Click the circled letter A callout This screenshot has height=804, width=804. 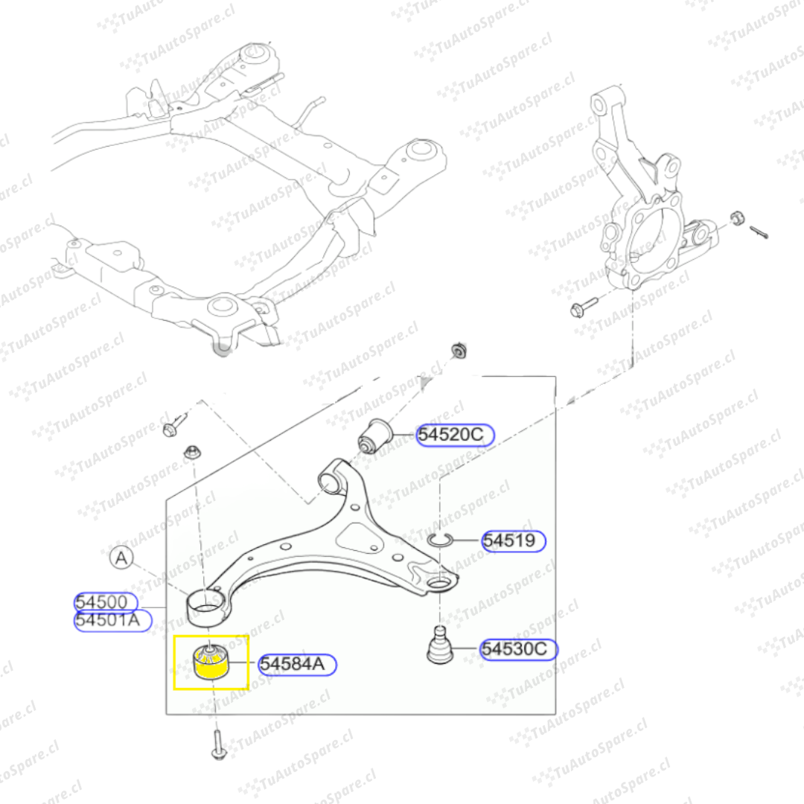[x=121, y=558]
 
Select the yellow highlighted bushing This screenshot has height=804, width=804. [x=211, y=662]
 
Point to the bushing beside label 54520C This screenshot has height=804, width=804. [x=374, y=435]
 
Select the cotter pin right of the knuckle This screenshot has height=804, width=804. [x=759, y=232]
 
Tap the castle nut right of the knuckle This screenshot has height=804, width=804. [x=737, y=217]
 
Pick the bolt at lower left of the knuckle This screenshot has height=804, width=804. [x=584, y=306]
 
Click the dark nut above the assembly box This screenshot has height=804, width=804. [x=459, y=350]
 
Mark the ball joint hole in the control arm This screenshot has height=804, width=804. [x=439, y=582]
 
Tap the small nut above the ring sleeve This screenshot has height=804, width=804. [x=192, y=453]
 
